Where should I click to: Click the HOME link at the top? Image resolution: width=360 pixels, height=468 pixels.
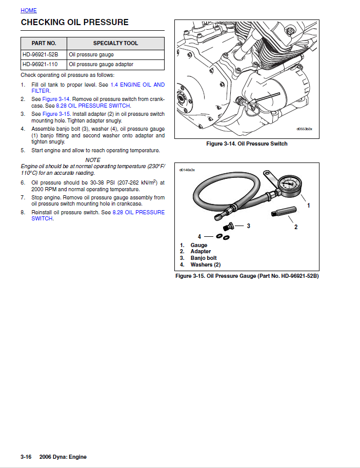(29, 10)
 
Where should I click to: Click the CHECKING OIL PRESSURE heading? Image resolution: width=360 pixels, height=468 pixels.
(74, 23)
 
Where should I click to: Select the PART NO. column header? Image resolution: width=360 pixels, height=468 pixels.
(44, 44)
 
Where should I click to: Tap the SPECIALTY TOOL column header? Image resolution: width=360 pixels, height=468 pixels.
(115, 44)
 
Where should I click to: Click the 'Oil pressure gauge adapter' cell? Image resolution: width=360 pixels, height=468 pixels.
(101, 65)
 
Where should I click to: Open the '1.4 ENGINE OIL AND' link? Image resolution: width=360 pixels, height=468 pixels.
(137, 85)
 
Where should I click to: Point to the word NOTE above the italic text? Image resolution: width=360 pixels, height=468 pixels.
(93, 160)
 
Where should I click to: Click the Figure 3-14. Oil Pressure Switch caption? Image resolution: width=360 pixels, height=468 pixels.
(247, 144)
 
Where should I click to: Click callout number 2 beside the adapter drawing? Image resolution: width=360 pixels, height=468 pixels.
(296, 228)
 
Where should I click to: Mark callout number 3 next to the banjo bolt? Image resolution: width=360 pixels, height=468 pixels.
(248, 226)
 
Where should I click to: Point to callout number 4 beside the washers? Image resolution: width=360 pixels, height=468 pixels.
(199, 237)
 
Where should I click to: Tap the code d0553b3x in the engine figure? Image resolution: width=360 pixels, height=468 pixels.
(304, 129)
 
